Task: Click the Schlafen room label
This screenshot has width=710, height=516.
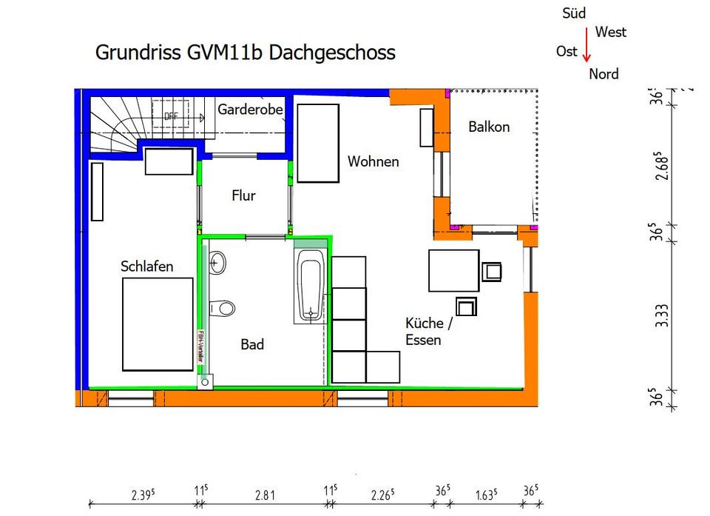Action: pos(146,267)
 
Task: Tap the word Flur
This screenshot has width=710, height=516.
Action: pos(243,195)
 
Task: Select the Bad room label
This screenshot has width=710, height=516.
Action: pos(252,344)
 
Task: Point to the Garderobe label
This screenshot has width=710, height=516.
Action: pos(251,110)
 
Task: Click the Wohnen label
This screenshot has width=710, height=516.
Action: pos(373,161)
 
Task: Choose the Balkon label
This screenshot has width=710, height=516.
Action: pos(489,127)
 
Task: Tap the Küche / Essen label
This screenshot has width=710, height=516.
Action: pos(425,332)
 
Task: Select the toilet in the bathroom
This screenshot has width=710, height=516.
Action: pos(222,307)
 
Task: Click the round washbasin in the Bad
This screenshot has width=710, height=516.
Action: pos(217,261)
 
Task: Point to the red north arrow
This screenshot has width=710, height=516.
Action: pos(586,50)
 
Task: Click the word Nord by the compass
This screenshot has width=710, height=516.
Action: pos(603,74)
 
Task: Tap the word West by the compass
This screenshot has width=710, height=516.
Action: pos(610,32)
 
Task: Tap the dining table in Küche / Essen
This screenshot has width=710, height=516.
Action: pos(453,270)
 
